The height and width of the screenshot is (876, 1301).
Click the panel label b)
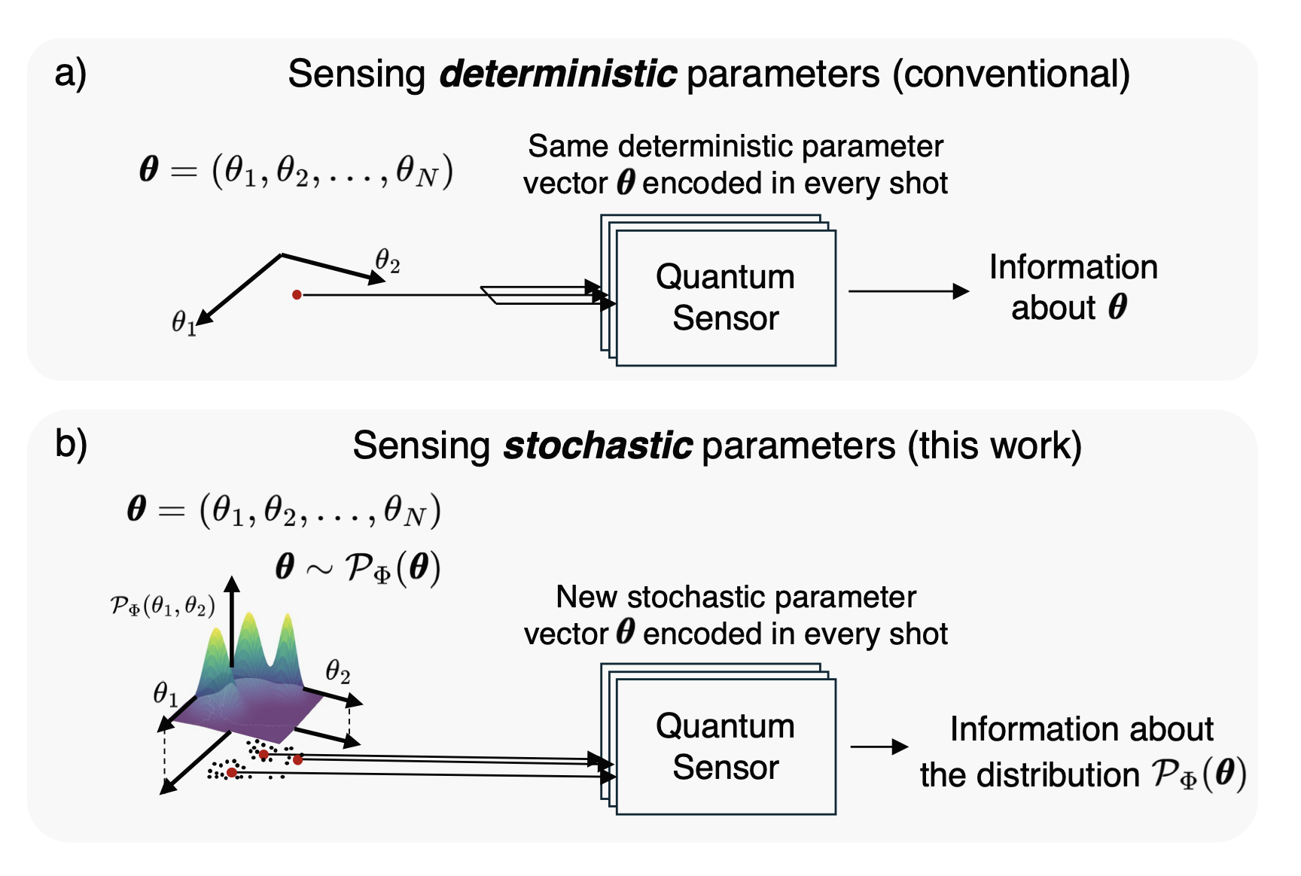click(71, 445)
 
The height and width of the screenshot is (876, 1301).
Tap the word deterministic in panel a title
click(558, 75)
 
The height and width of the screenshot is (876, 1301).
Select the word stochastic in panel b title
click(598, 446)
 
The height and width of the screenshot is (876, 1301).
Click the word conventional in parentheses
click(1011, 75)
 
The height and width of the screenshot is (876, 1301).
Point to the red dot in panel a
click(297, 295)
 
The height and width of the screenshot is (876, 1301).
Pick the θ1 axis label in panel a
click(184, 323)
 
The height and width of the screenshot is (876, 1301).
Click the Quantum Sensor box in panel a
click(726, 298)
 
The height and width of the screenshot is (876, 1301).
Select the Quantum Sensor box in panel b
click(726, 747)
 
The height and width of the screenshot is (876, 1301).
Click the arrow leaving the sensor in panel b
click(879, 747)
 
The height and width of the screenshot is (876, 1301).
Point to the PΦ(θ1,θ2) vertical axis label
click(163, 606)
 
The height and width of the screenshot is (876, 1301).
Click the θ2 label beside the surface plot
click(338, 671)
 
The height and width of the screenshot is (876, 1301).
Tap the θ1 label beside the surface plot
click(166, 692)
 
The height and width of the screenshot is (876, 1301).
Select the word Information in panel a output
click(1073, 268)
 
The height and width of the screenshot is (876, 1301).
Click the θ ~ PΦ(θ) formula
click(358, 567)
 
